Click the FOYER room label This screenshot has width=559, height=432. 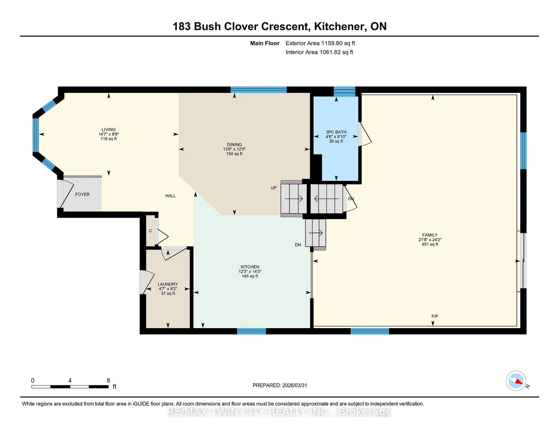(x=82, y=194)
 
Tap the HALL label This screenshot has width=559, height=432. (x=170, y=196)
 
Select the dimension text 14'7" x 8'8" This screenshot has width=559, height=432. (x=108, y=134)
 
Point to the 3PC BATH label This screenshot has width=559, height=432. (x=336, y=132)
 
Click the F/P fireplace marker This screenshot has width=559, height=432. (x=435, y=316)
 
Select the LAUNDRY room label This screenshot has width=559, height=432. (x=168, y=284)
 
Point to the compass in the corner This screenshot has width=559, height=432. (x=516, y=381)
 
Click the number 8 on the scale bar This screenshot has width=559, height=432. (x=108, y=381)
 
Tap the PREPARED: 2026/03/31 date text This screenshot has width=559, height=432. (x=279, y=385)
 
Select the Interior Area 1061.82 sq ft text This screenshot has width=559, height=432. (x=319, y=52)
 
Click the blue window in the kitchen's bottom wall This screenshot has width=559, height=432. (x=251, y=331)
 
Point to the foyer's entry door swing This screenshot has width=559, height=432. (x=66, y=194)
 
